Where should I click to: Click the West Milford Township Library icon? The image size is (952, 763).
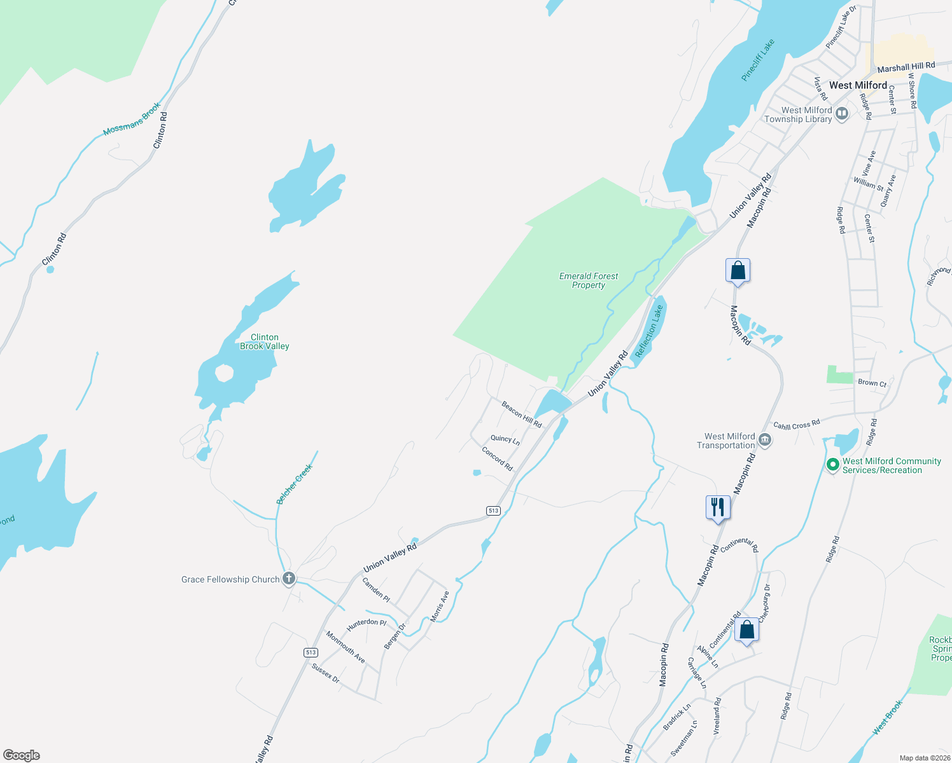pyautogui.click(x=842, y=114)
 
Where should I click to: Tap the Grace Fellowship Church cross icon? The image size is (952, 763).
pyautogui.click(x=289, y=579)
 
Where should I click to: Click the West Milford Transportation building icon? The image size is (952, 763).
pyautogui.click(x=766, y=440)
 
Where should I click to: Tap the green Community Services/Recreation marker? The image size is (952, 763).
pyautogui.click(x=832, y=465)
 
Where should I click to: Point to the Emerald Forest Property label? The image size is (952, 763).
pyautogui.click(x=589, y=280)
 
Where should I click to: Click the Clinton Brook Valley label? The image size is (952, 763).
pyautogui.click(x=265, y=341)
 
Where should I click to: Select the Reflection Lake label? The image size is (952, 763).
pyautogui.click(x=649, y=331)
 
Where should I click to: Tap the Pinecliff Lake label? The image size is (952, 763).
pyautogui.click(x=758, y=60)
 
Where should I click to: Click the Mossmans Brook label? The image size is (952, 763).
pyautogui.click(x=132, y=119)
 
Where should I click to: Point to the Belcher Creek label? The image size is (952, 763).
pyautogui.click(x=295, y=485)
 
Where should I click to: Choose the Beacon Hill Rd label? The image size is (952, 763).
pyautogui.click(x=522, y=415)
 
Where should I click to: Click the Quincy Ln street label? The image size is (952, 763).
pyautogui.click(x=505, y=439)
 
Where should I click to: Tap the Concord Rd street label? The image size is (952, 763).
pyautogui.click(x=497, y=459)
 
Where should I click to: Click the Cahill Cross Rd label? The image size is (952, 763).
pyautogui.click(x=797, y=425)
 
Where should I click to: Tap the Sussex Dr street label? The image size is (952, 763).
pyautogui.click(x=326, y=673)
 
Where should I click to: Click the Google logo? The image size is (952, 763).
pyautogui.click(x=22, y=755)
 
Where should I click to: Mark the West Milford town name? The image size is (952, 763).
pyautogui.click(x=858, y=85)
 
